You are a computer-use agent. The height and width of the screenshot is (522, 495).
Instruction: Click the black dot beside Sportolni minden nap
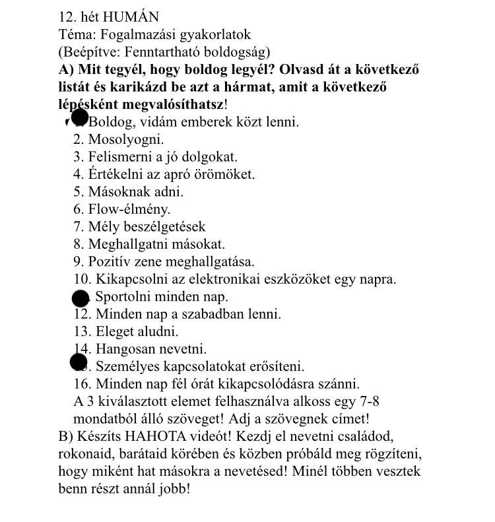tap(80, 298)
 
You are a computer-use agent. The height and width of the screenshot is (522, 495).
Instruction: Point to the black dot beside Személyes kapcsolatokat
tap(79, 362)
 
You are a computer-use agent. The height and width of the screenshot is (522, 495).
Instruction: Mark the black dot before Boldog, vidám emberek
tap(79, 118)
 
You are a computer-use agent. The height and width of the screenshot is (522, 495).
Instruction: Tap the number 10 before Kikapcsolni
tap(82, 279)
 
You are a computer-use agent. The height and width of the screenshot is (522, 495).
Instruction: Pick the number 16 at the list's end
tap(82, 383)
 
